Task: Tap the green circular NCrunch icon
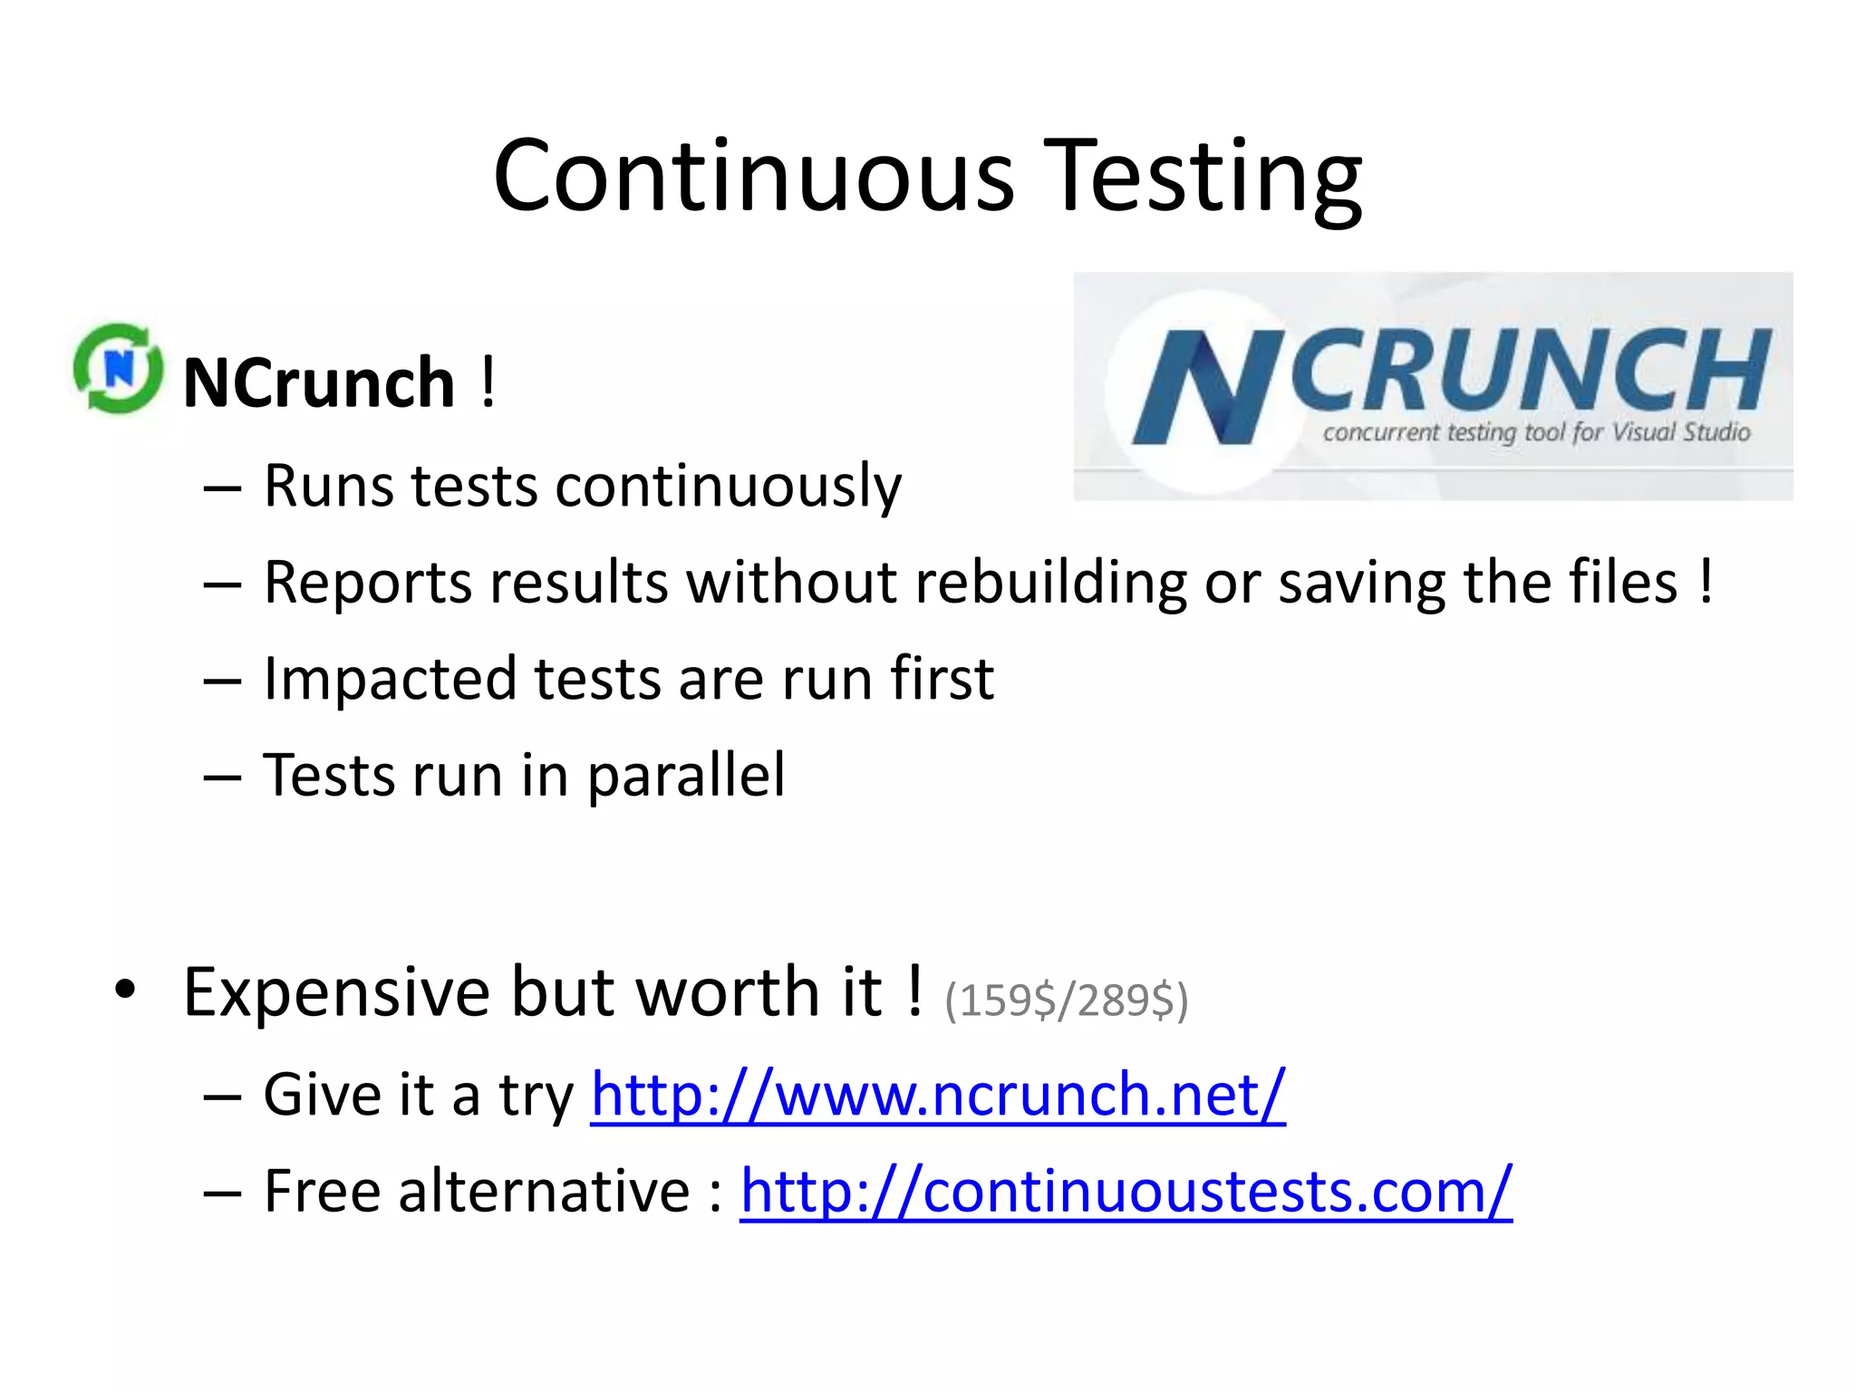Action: pyautogui.click(x=118, y=369)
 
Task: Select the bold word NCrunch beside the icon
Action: pyautogui.click(x=319, y=382)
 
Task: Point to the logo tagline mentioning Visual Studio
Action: pyautogui.click(x=1536, y=432)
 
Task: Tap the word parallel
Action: pyautogui.click(x=686, y=776)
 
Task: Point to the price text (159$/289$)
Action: pyautogui.click(x=1066, y=1000)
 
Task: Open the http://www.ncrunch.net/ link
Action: pyautogui.click(x=938, y=1095)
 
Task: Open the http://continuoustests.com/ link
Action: pyautogui.click(x=1126, y=1191)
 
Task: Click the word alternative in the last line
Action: pyautogui.click(x=544, y=1191)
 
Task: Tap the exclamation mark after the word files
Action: pyautogui.click(x=1706, y=580)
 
